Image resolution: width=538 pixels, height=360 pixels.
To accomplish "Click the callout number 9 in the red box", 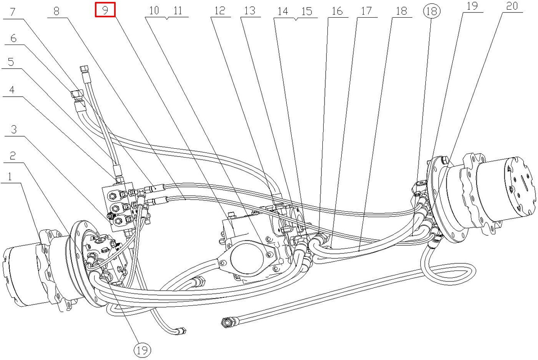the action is point(105,10).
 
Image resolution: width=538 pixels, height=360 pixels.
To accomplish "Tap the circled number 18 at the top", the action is point(432,11).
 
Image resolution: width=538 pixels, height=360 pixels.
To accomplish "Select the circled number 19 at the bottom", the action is point(142,350).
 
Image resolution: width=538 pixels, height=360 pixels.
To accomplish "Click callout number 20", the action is point(512,6).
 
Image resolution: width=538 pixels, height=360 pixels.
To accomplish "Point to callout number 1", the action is point(9,177).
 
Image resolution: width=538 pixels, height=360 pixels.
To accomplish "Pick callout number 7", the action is point(13,11).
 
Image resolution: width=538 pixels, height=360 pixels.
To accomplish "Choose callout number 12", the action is point(220,11).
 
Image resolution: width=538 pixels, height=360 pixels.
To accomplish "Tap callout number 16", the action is point(337,11).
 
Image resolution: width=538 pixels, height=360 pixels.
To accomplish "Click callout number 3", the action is point(14,129).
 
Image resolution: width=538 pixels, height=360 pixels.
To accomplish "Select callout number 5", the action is point(11,62).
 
